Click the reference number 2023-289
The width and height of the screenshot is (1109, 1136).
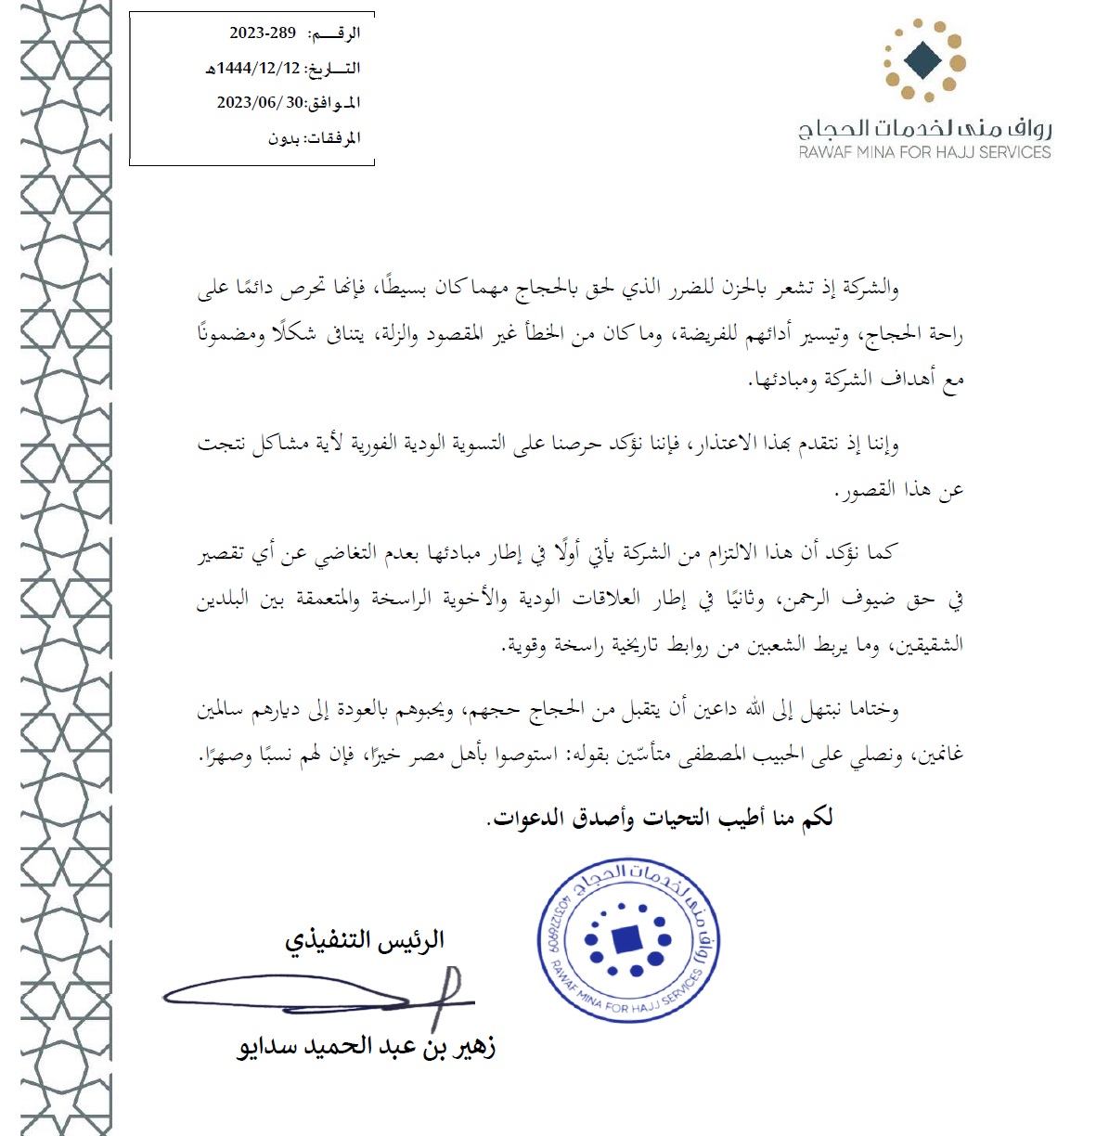(263, 33)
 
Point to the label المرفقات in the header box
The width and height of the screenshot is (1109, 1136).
(333, 138)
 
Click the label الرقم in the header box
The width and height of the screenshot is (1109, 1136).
(336, 33)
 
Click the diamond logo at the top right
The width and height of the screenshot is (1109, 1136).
(924, 60)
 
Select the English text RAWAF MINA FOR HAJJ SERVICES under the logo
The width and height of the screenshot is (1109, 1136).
(924, 152)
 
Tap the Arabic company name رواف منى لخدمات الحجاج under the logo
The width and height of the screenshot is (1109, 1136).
(924, 128)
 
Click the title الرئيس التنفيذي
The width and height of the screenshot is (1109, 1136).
(365, 940)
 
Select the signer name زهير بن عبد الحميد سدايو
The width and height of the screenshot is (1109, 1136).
(367, 1047)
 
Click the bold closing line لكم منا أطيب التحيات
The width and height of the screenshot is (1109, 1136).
(660, 818)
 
